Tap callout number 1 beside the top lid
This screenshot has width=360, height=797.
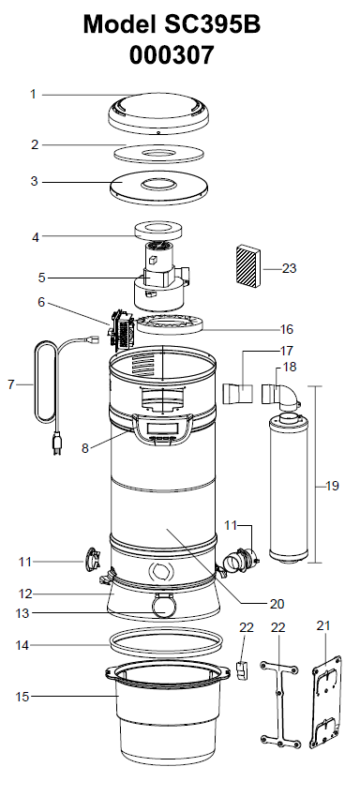[34, 94]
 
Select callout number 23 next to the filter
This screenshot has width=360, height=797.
[289, 268]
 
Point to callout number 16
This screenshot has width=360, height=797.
[288, 329]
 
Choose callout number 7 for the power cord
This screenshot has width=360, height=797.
[11, 383]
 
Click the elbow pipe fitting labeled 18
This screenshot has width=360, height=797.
[284, 395]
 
